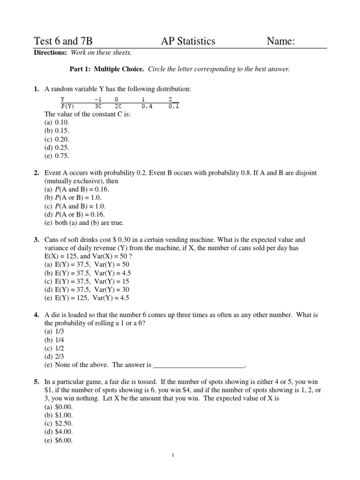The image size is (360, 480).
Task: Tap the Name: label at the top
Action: [x=280, y=41]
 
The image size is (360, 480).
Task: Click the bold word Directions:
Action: [x=50, y=53]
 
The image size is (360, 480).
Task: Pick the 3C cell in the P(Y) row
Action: [x=98, y=106]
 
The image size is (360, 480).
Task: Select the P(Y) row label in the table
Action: [x=67, y=106]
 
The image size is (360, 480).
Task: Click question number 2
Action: [x=36, y=173]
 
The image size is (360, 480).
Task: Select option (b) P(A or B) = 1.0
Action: [x=73, y=198]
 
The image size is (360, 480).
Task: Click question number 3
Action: [x=36, y=240]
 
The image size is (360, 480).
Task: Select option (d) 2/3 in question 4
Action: [x=54, y=357]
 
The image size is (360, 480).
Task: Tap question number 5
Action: [x=36, y=382]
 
